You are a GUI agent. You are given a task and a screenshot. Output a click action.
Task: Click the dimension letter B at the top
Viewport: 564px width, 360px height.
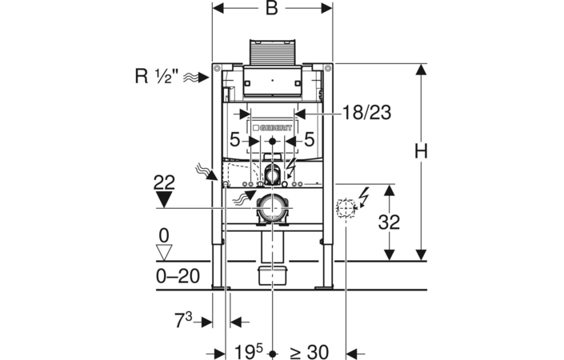tap(272, 8)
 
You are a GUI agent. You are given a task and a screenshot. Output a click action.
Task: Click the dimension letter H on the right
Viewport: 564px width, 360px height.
tap(421, 151)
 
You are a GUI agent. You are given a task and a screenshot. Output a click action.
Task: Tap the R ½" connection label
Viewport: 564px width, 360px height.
tap(157, 76)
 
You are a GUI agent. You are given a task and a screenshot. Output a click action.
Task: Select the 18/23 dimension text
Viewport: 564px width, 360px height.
tap(366, 113)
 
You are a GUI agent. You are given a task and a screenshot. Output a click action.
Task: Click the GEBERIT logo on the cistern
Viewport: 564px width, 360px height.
tap(272, 128)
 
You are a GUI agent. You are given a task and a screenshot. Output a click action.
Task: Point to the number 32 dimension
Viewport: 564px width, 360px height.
tap(389, 222)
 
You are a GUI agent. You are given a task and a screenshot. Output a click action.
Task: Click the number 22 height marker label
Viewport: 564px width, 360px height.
tap(164, 182)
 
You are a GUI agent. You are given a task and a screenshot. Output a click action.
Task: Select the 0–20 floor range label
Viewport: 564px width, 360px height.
tap(178, 277)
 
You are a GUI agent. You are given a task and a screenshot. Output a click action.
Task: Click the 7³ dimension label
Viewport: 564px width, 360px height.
tap(183, 320)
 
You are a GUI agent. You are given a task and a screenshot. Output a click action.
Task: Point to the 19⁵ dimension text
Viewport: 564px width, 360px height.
tap(249, 351)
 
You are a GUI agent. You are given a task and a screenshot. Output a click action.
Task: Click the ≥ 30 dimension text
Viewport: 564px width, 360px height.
tap(310, 351)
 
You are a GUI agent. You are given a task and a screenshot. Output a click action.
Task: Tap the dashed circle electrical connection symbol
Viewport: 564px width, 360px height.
tap(346, 207)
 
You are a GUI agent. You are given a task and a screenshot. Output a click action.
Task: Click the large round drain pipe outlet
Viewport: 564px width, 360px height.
tap(272, 208)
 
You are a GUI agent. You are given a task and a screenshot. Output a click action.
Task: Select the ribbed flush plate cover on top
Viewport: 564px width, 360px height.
tap(272, 52)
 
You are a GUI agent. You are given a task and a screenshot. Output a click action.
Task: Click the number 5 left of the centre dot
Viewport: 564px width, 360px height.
tap(234, 140)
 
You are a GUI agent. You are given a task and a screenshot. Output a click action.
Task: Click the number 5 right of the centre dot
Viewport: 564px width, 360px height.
tap(310, 140)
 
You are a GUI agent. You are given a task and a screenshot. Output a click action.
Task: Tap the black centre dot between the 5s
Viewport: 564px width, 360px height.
tap(272, 142)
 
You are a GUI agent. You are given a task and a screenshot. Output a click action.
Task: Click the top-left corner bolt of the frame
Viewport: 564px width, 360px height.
tap(217, 68)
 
